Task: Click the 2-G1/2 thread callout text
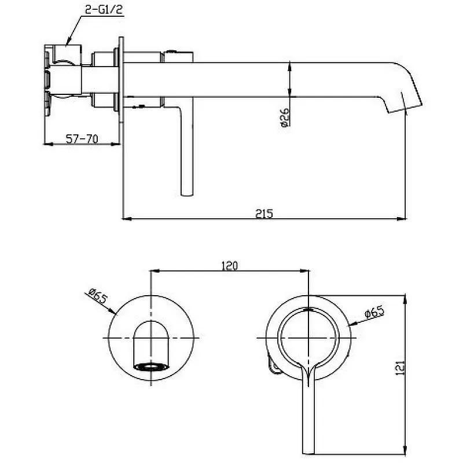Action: click(104, 9)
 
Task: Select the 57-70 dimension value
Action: click(82, 138)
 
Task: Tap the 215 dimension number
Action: click(264, 213)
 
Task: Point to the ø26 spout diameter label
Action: click(284, 117)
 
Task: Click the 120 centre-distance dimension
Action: click(229, 266)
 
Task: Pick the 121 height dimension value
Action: click(399, 368)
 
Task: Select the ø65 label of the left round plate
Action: click(97, 296)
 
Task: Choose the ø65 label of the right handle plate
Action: click(374, 312)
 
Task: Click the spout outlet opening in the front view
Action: click(151, 366)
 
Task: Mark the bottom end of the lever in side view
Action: click(186, 194)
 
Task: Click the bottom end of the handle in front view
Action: click(308, 453)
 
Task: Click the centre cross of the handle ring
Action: click(308, 338)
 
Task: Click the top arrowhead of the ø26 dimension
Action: click(290, 67)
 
